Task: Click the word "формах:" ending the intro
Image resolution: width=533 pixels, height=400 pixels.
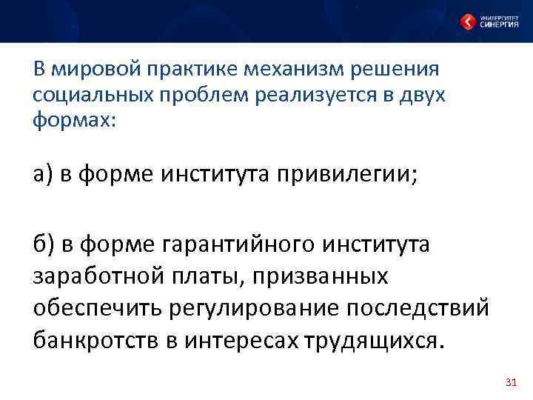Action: (x=75, y=120)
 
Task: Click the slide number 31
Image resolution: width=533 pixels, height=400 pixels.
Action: (x=509, y=382)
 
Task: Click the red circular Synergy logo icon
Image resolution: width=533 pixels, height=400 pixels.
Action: (x=468, y=21)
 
